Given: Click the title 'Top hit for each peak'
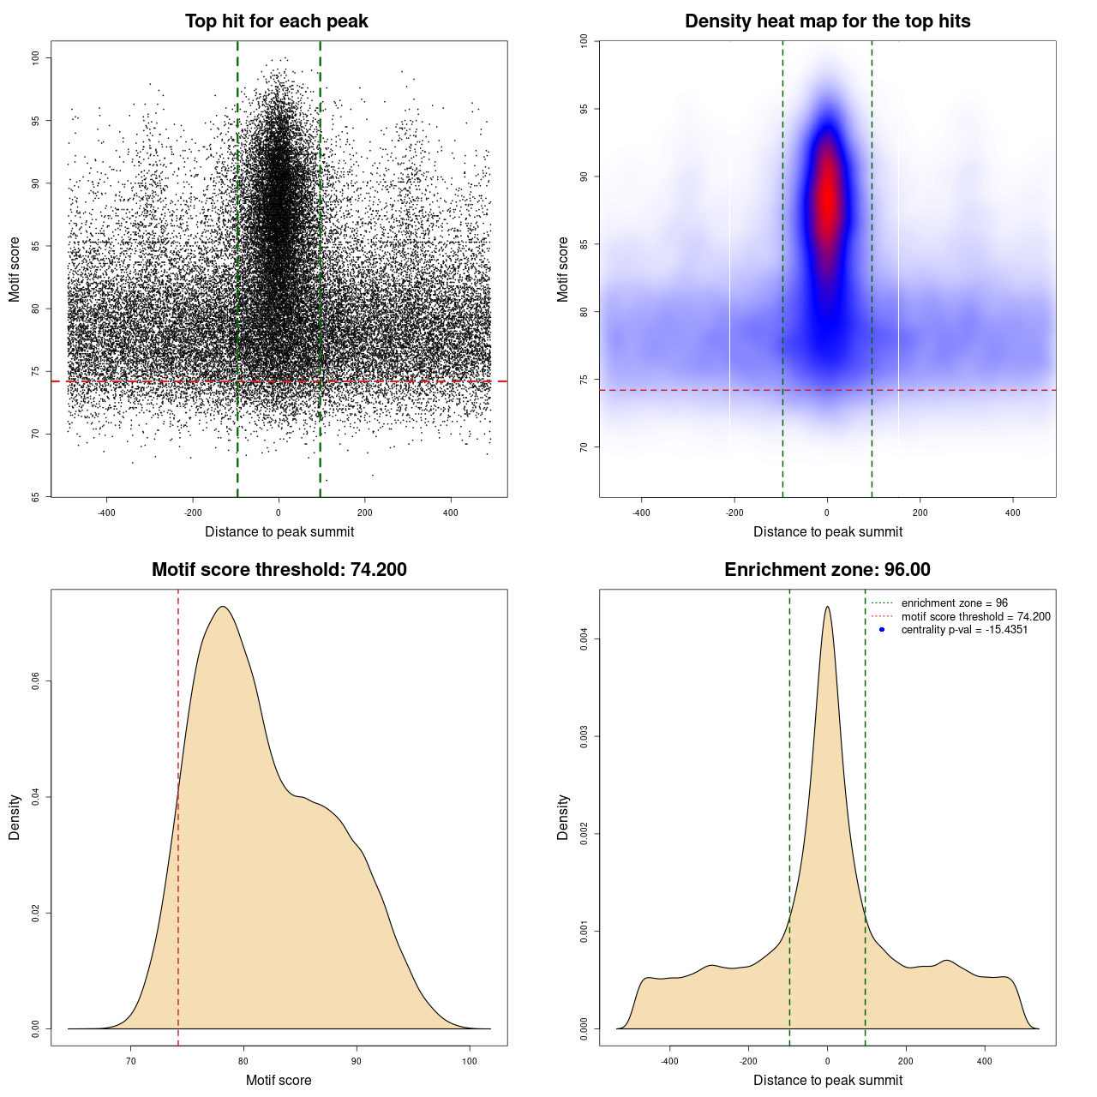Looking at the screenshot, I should click(276, 21).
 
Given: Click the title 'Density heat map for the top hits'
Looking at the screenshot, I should click(827, 21).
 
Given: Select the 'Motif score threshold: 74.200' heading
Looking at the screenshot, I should click(279, 570).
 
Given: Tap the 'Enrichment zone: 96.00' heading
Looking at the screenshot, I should click(827, 570).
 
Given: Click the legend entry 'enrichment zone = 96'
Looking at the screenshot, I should click(954, 603).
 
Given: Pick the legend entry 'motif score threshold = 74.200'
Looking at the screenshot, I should click(975, 617).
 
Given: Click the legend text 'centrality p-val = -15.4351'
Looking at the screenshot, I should click(964, 630).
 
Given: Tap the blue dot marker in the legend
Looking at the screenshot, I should click(882, 630).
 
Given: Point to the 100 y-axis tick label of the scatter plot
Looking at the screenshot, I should click(35, 57).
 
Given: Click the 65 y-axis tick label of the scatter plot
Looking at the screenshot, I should click(35, 496).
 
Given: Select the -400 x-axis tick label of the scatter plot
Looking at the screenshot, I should click(106, 513).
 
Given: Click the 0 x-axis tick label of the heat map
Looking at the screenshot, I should click(827, 513).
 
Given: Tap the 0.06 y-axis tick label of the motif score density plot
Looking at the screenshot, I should click(35, 681).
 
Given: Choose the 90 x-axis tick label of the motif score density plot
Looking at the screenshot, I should click(357, 1061).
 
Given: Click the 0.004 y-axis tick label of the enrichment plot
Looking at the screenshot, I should click(584, 638).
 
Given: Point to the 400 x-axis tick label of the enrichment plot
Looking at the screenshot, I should click(984, 1061).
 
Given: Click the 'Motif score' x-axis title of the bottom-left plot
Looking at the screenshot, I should click(279, 1081).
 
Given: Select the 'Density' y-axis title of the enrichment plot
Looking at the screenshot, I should click(563, 817).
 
